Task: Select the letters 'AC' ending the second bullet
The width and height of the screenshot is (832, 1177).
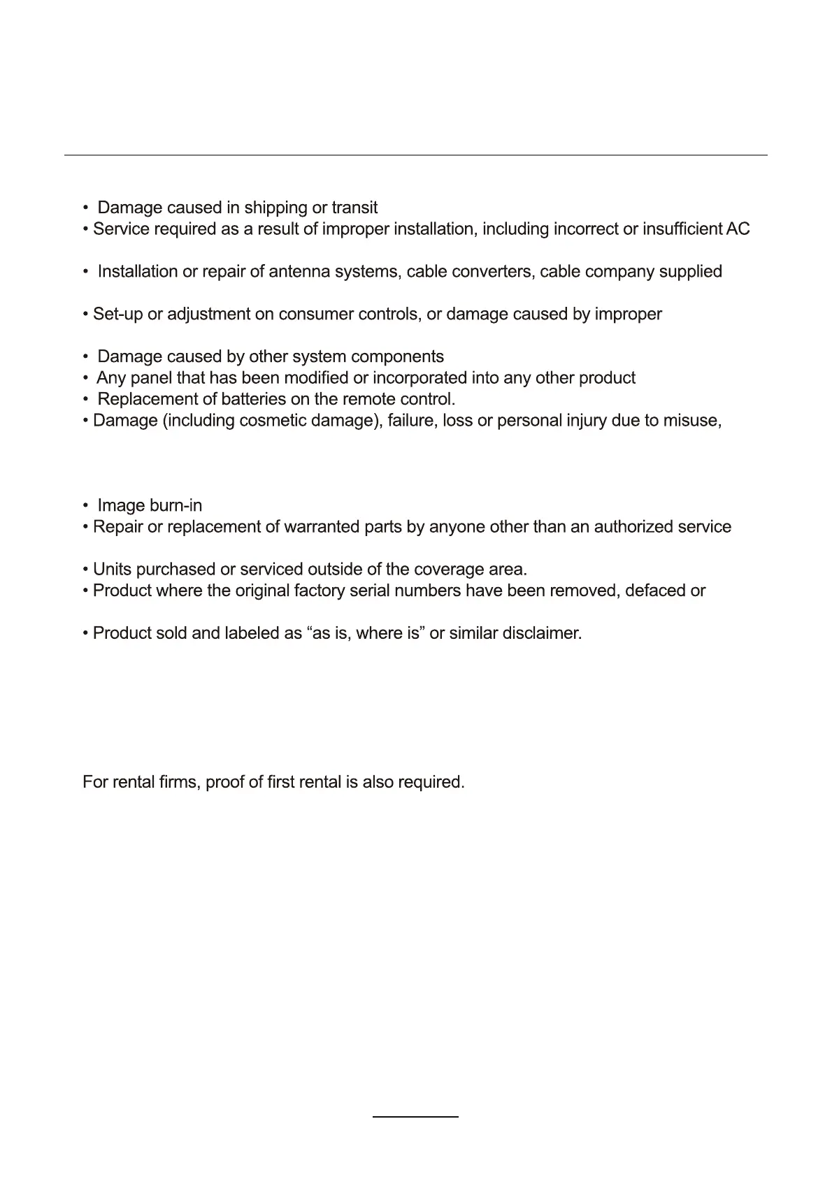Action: [738, 229]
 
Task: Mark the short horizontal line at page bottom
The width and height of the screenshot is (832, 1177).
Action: [415, 1117]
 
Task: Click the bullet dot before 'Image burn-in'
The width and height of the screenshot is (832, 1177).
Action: [85, 506]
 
